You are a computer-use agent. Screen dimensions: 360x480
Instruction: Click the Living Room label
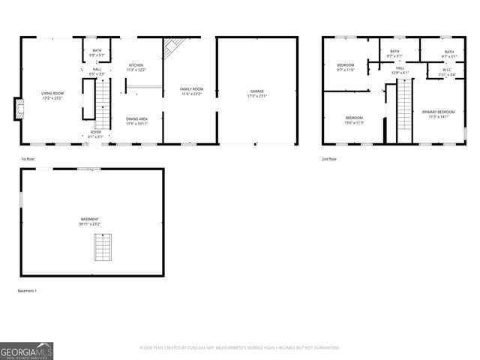[52, 95]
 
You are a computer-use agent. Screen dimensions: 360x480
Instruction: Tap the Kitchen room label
[136, 67]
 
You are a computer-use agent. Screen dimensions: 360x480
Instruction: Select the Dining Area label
[136, 121]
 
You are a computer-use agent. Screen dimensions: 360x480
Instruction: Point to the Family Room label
[191, 91]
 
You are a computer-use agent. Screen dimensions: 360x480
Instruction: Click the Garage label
[257, 94]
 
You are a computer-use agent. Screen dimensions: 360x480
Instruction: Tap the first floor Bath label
[97, 52]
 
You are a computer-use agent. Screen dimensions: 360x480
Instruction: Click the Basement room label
[89, 222]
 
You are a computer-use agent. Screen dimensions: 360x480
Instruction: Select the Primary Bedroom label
[437, 114]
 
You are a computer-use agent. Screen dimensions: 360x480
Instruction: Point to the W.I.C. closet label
[436, 73]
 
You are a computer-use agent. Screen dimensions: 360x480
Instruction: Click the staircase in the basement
[101, 246]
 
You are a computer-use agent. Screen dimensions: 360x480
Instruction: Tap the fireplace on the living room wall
[21, 109]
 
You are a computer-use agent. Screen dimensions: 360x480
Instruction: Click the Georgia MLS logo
[27, 350]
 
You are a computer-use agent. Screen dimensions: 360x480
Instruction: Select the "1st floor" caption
[27, 160]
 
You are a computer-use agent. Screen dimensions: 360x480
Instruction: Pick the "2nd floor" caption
[328, 160]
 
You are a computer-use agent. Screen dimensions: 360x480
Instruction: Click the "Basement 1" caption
[27, 290]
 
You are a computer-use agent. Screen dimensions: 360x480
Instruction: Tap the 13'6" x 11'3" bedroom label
[354, 121]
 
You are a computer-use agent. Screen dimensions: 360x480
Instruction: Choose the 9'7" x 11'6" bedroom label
[345, 67]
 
